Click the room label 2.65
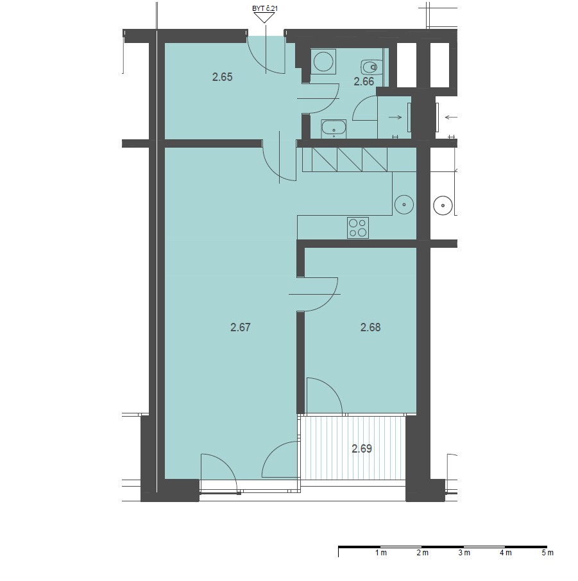pyautogui.click(x=222, y=77)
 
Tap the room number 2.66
pyautogui.click(x=364, y=82)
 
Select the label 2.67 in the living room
pyautogui.click(x=241, y=327)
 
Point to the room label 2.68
pyautogui.click(x=370, y=327)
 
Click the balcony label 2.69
pyautogui.click(x=361, y=449)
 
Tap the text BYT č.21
pyautogui.click(x=264, y=8)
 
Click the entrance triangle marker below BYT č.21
pyautogui.click(x=264, y=18)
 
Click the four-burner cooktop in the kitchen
pyautogui.click(x=358, y=227)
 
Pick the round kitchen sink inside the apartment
pyautogui.click(x=404, y=205)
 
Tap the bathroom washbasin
pyautogui.click(x=334, y=128)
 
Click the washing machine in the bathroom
pyautogui.click(x=323, y=61)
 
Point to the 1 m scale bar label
pyautogui.click(x=380, y=553)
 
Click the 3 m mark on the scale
pyautogui.click(x=464, y=553)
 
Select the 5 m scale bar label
pyautogui.click(x=547, y=553)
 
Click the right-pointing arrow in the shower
pyautogui.click(x=395, y=117)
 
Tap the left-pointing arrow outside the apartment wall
pyautogui.click(x=451, y=117)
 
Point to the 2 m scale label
pyautogui.click(x=422, y=553)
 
